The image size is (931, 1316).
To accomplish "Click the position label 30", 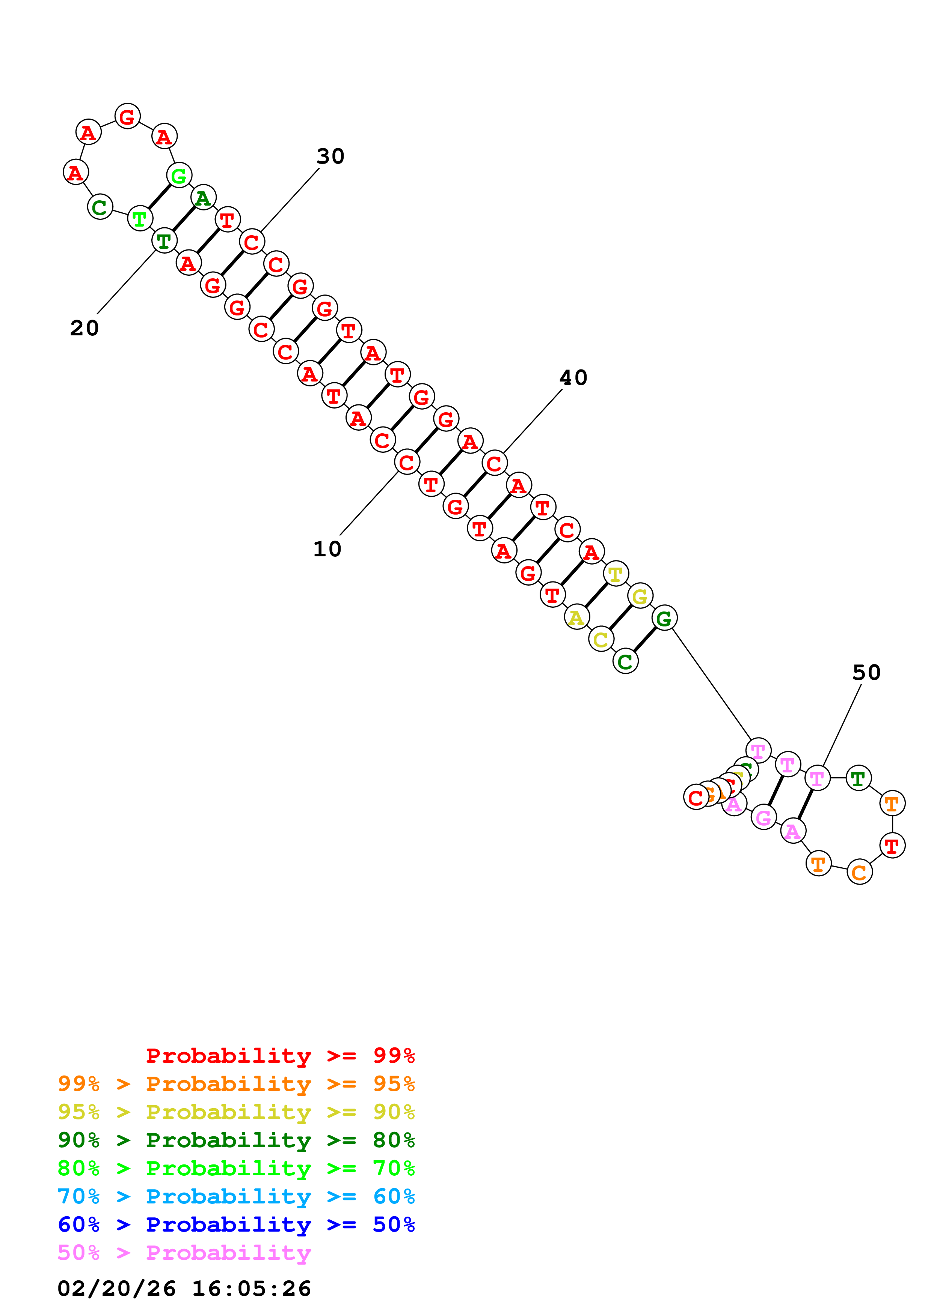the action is (330, 156).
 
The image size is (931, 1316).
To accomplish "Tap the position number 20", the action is (84, 328).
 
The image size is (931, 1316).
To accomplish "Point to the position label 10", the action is (327, 549).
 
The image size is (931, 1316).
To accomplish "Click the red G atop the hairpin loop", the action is (127, 116).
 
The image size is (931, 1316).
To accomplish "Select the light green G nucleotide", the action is (179, 176).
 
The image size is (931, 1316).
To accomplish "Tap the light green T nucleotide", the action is (139, 218).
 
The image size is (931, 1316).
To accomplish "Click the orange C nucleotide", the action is (859, 872).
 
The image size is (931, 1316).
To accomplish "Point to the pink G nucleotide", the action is (764, 817).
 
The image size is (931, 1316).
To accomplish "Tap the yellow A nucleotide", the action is (576, 617).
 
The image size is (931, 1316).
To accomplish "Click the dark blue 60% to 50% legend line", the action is (236, 1225).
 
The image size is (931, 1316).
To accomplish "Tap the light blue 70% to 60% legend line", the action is (236, 1197).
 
